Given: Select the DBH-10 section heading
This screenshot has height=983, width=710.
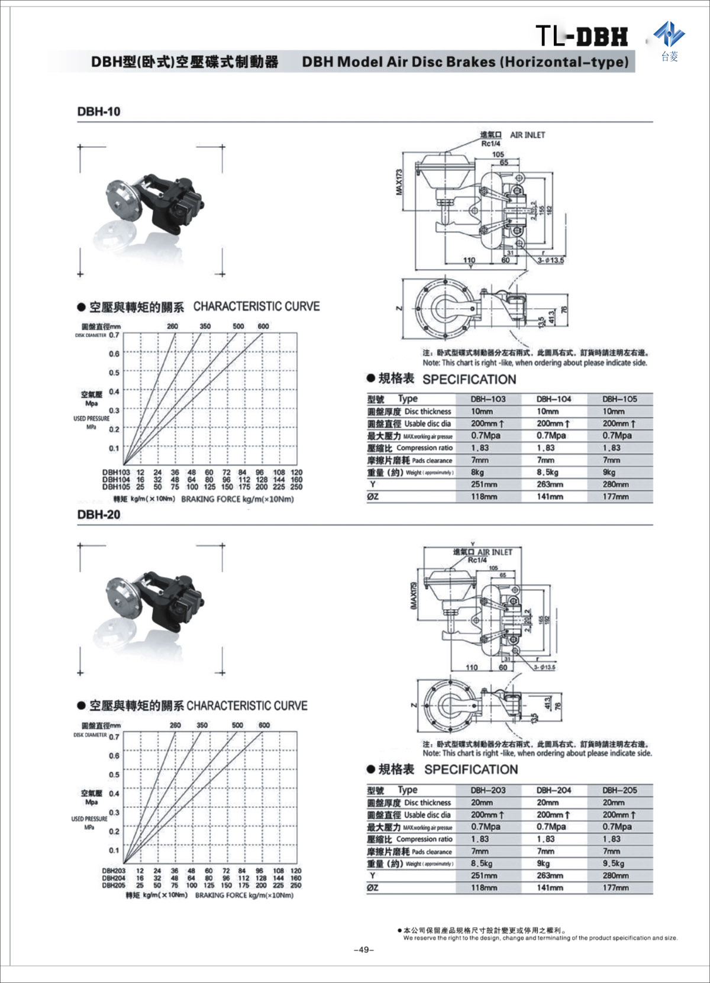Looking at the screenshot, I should click(99, 112).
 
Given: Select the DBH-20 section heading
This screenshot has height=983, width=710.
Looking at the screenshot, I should click(99, 515).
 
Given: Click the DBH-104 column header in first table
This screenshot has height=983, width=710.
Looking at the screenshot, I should click(553, 399).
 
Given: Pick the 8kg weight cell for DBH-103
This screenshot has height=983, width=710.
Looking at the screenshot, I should click(477, 473).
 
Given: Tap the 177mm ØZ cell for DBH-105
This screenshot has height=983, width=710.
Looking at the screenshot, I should click(615, 497).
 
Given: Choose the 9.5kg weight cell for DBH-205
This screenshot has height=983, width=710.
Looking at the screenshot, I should click(613, 864).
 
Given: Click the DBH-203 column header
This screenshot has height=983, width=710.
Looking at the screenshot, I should click(488, 790).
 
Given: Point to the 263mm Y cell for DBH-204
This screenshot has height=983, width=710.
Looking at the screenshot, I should click(550, 875).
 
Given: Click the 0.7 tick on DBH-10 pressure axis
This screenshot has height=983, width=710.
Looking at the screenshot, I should click(114, 335).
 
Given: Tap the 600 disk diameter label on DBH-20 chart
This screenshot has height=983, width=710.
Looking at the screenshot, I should click(264, 725).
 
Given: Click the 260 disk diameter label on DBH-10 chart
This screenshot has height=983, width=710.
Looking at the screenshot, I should click(172, 326).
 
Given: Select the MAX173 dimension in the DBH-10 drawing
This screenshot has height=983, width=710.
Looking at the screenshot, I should click(399, 182).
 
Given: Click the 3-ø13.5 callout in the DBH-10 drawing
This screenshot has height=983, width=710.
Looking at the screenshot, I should click(551, 260).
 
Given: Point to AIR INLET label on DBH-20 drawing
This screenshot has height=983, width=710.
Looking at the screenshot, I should click(495, 552).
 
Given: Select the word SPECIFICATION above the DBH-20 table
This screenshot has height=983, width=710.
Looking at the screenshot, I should click(471, 769).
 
